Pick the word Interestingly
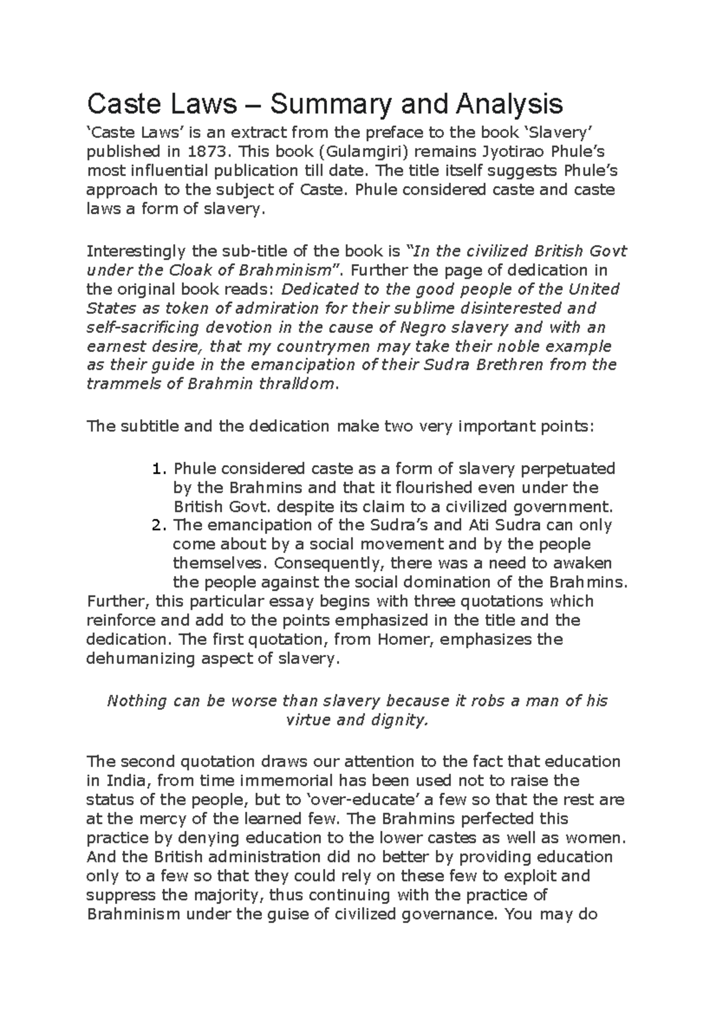[x=135, y=251]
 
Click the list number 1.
[x=157, y=469]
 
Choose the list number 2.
[x=157, y=526]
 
